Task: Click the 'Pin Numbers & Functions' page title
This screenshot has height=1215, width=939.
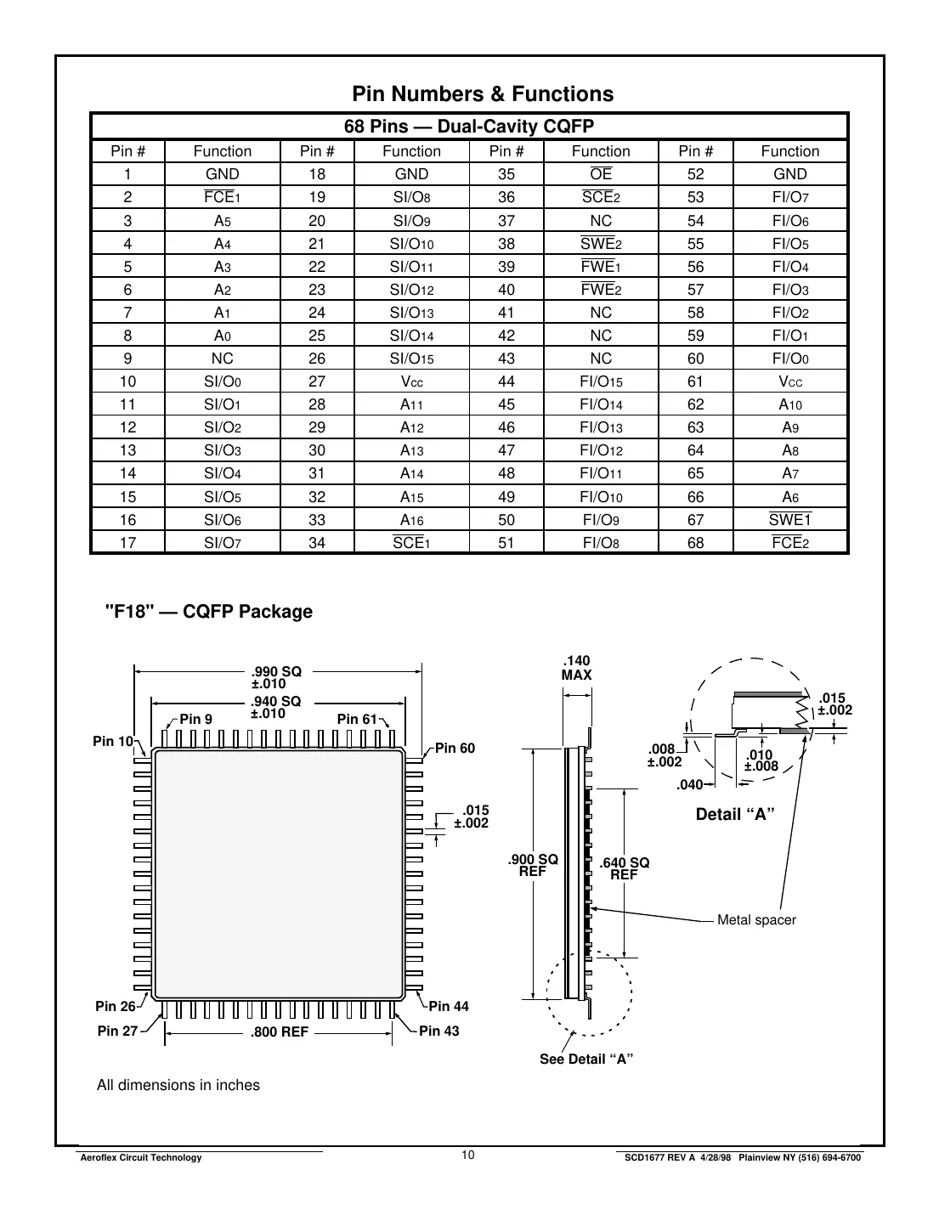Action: pos(482,94)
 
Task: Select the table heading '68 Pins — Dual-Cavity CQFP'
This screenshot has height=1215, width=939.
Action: pos(468,127)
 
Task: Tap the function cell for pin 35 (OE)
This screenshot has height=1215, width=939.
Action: pos(601,174)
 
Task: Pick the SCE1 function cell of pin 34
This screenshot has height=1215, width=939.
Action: pos(411,542)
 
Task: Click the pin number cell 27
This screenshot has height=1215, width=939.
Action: pos(317,381)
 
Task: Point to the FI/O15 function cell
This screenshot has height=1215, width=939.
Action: pos(601,381)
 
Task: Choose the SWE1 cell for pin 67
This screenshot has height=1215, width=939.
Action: pos(789,519)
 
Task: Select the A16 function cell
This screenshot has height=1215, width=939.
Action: pos(411,519)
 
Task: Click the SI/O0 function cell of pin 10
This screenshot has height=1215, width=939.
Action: pos(223,381)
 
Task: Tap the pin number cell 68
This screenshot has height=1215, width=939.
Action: pos(695,542)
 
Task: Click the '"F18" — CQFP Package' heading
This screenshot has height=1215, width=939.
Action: pos(208,612)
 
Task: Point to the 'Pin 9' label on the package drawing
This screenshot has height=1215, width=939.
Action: pos(195,719)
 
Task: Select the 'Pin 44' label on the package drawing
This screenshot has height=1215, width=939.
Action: pos(449,1006)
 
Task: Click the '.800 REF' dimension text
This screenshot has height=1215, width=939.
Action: pos(279,1033)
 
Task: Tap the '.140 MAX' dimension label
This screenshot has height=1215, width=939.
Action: pos(577,668)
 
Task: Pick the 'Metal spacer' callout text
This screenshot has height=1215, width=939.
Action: pos(756,920)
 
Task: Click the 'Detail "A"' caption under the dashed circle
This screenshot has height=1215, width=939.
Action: pos(735,815)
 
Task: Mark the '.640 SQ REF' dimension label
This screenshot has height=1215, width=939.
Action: pos(624,868)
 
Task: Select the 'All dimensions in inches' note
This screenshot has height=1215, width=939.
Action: pos(178,1085)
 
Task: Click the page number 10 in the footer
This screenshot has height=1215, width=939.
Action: pos(468,1155)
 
